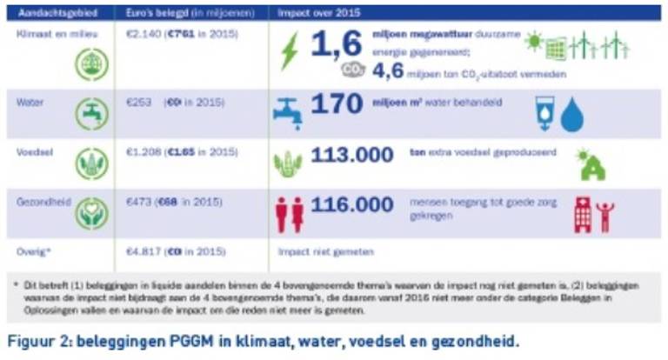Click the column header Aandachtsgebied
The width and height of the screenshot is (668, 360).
pos(53,14)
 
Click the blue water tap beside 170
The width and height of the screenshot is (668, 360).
pos(287,110)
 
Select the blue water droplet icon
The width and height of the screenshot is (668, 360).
pos(571,115)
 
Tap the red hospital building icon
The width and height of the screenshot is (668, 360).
pos(583,213)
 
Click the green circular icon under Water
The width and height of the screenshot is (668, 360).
pos(91,114)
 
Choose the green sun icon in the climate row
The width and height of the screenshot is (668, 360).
pos(533,41)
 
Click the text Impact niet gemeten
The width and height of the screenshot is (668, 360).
pos(325,252)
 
